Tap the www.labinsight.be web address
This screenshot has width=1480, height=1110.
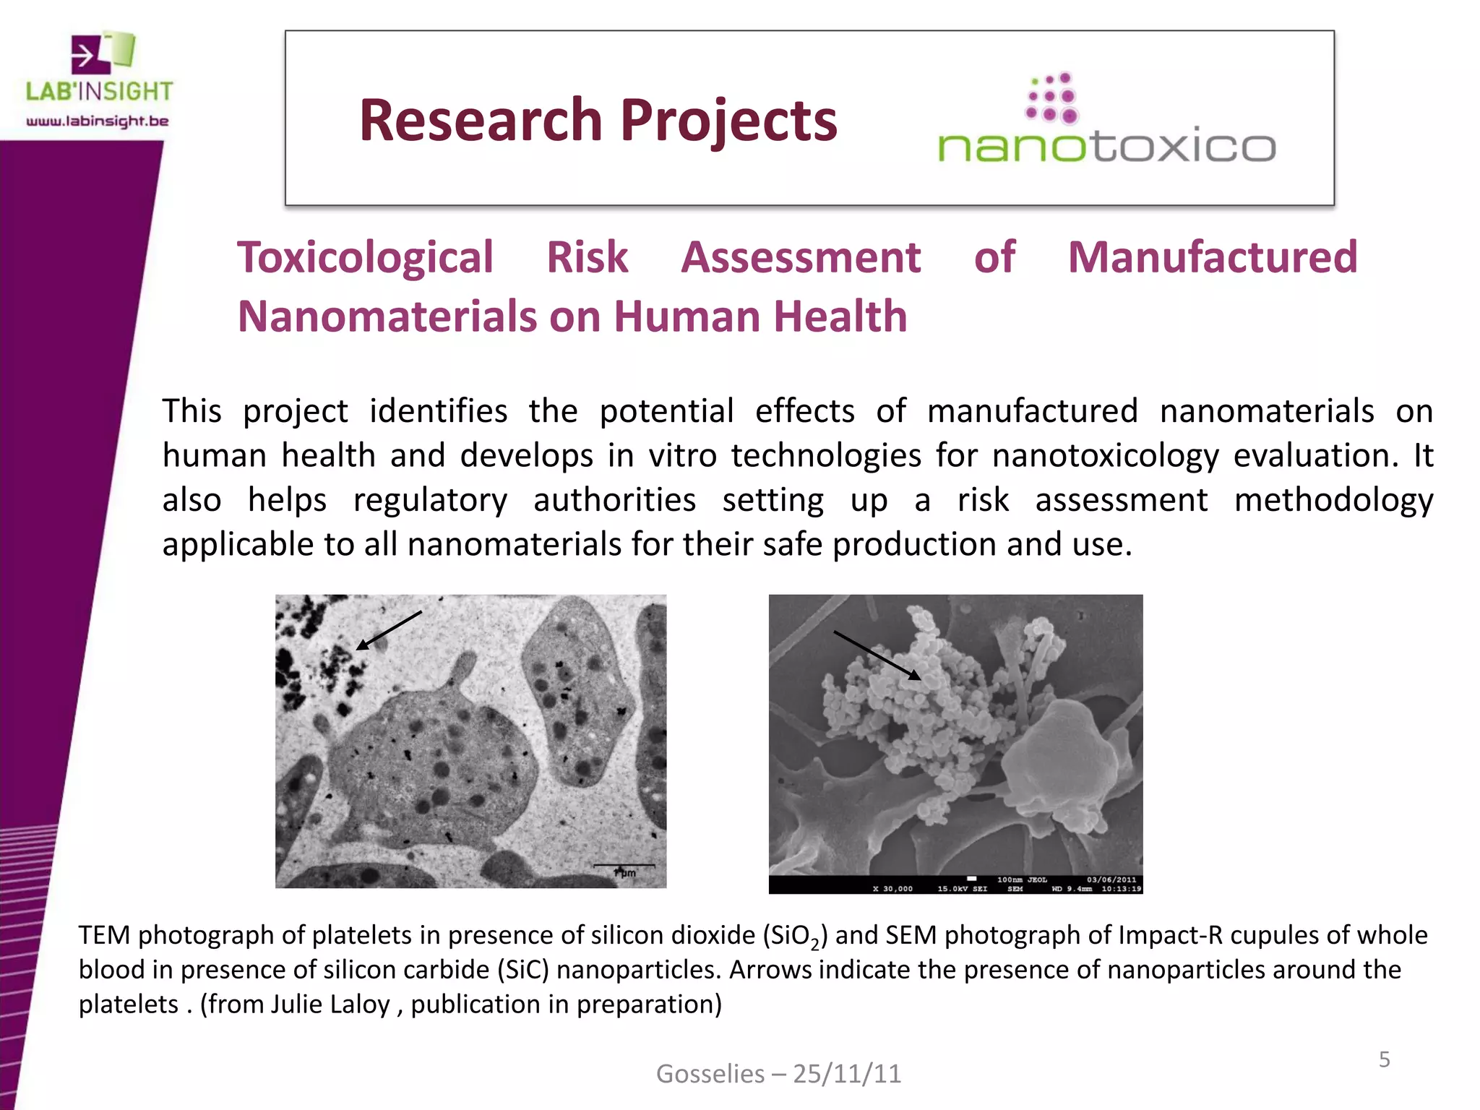pos(98,121)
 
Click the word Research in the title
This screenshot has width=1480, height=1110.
pos(480,120)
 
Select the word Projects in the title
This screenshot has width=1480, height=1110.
pos(728,121)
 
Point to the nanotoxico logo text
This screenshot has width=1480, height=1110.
pos(1106,146)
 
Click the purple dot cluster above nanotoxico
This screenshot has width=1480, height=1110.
pos(1052,98)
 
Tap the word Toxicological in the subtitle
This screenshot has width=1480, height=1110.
pos(365,257)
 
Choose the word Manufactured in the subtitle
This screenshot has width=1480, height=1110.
pos(1213,257)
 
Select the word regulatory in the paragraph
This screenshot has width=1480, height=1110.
pos(430,500)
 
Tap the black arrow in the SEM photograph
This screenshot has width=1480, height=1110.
pos(877,655)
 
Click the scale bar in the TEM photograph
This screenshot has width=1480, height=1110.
pos(624,865)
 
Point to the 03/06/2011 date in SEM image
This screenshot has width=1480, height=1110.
pos(1111,879)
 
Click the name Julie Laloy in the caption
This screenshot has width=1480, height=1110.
pos(330,1004)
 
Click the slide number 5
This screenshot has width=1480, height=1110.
pos(1384,1059)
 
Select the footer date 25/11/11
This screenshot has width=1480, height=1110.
pos(847,1074)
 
